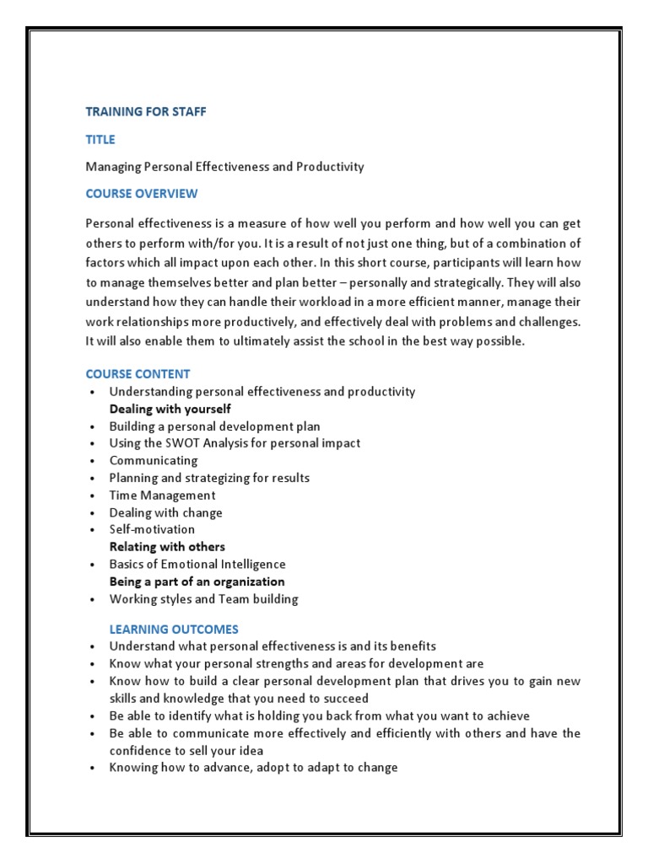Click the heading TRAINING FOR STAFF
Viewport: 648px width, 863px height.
point(146,111)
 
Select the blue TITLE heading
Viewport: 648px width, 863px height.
point(100,139)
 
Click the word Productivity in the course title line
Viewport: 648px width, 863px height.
point(330,167)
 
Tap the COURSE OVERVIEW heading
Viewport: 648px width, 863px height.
point(142,194)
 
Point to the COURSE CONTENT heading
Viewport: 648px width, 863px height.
point(138,373)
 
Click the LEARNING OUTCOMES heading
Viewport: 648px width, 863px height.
point(174,629)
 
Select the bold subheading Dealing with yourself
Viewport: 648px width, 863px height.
point(170,409)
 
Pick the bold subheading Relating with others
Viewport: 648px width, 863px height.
point(167,547)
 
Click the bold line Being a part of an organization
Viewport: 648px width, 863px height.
point(197,582)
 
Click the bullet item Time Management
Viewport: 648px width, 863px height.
point(162,496)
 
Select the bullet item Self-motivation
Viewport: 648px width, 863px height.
point(152,529)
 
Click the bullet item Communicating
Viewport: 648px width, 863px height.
point(154,461)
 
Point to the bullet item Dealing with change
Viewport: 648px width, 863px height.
point(165,512)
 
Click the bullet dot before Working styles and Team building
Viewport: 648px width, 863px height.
point(90,600)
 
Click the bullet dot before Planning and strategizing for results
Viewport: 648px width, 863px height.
point(90,479)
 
